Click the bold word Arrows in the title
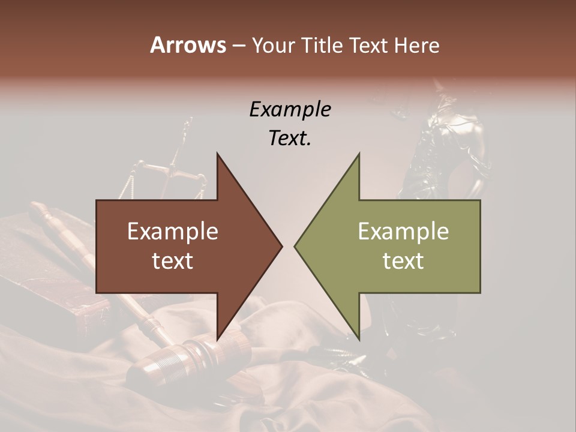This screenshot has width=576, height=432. (x=188, y=45)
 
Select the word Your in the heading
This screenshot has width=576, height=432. (x=273, y=45)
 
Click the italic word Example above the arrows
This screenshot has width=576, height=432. (x=290, y=110)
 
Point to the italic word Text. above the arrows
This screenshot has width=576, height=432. (x=290, y=138)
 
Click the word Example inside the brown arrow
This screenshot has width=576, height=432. (x=173, y=232)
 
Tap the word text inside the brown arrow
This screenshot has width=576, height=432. (x=173, y=261)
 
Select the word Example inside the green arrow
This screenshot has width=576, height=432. (x=403, y=232)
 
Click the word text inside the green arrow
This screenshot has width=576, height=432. (x=403, y=261)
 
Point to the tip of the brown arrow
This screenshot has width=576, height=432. (x=281, y=246)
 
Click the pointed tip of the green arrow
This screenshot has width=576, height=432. (x=295, y=246)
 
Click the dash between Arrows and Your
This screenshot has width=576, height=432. (x=238, y=46)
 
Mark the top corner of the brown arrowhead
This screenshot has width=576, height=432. (x=217, y=153)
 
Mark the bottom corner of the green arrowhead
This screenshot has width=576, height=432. (x=359, y=340)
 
